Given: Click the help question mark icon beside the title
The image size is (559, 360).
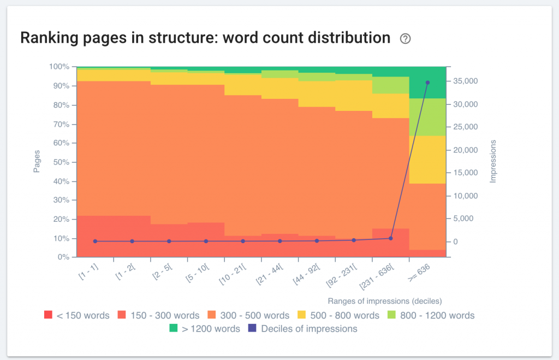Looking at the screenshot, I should click(x=405, y=39).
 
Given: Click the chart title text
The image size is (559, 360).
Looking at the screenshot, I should click(x=205, y=38).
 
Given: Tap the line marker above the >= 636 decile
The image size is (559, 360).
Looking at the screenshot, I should click(x=427, y=82).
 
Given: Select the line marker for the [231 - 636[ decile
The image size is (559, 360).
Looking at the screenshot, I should click(x=390, y=238).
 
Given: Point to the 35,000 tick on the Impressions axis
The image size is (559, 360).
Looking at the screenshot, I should click(x=466, y=81).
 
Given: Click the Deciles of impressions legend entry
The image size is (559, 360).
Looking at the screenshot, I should click(x=303, y=329).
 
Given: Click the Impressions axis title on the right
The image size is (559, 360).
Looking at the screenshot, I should click(x=493, y=161).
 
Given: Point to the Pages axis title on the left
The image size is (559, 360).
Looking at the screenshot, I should click(x=37, y=162).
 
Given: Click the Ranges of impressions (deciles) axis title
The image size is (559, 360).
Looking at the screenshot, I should click(x=384, y=301).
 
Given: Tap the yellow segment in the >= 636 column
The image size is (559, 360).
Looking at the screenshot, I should click(x=427, y=160).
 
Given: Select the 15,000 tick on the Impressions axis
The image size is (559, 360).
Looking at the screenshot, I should click(x=466, y=173).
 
